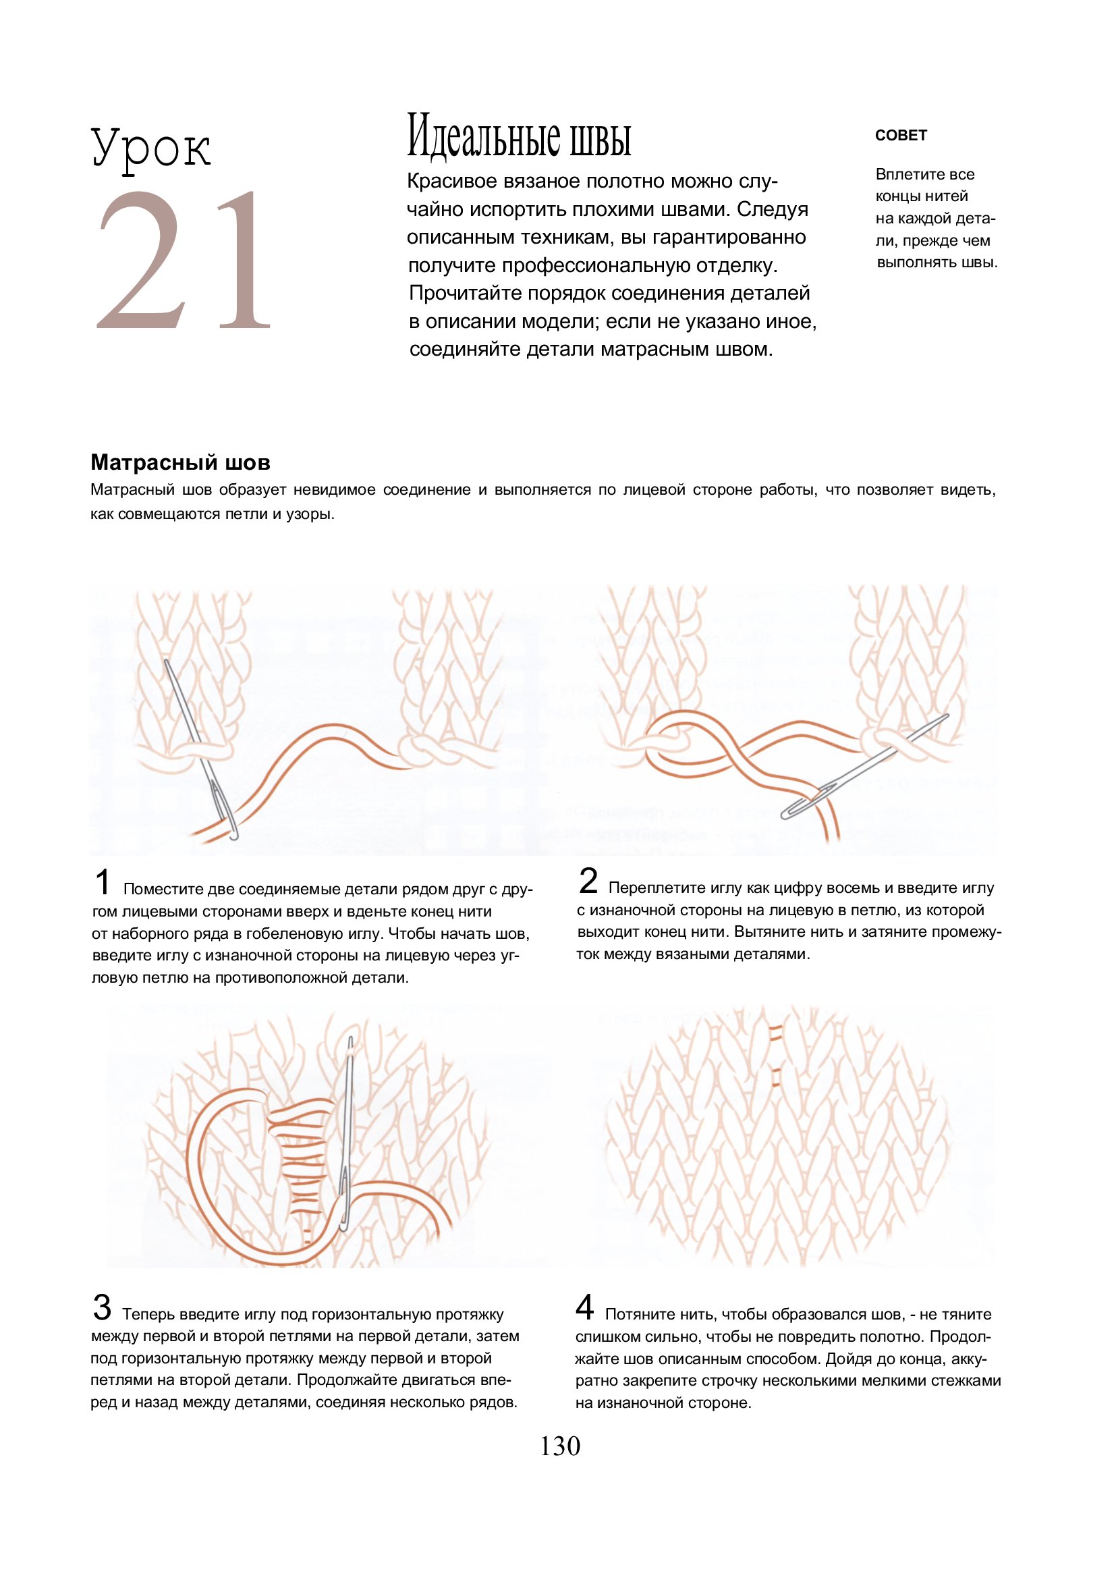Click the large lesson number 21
tap(184, 260)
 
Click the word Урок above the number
tap(151, 148)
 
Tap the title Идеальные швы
tap(519, 136)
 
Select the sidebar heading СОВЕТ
tap(901, 136)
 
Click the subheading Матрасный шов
tap(181, 462)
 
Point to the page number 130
tap(560, 1447)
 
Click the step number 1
tap(103, 882)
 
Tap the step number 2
tap(588, 881)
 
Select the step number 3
tap(102, 1307)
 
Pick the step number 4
tap(585, 1307)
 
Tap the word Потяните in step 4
tap(637, 1315)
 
